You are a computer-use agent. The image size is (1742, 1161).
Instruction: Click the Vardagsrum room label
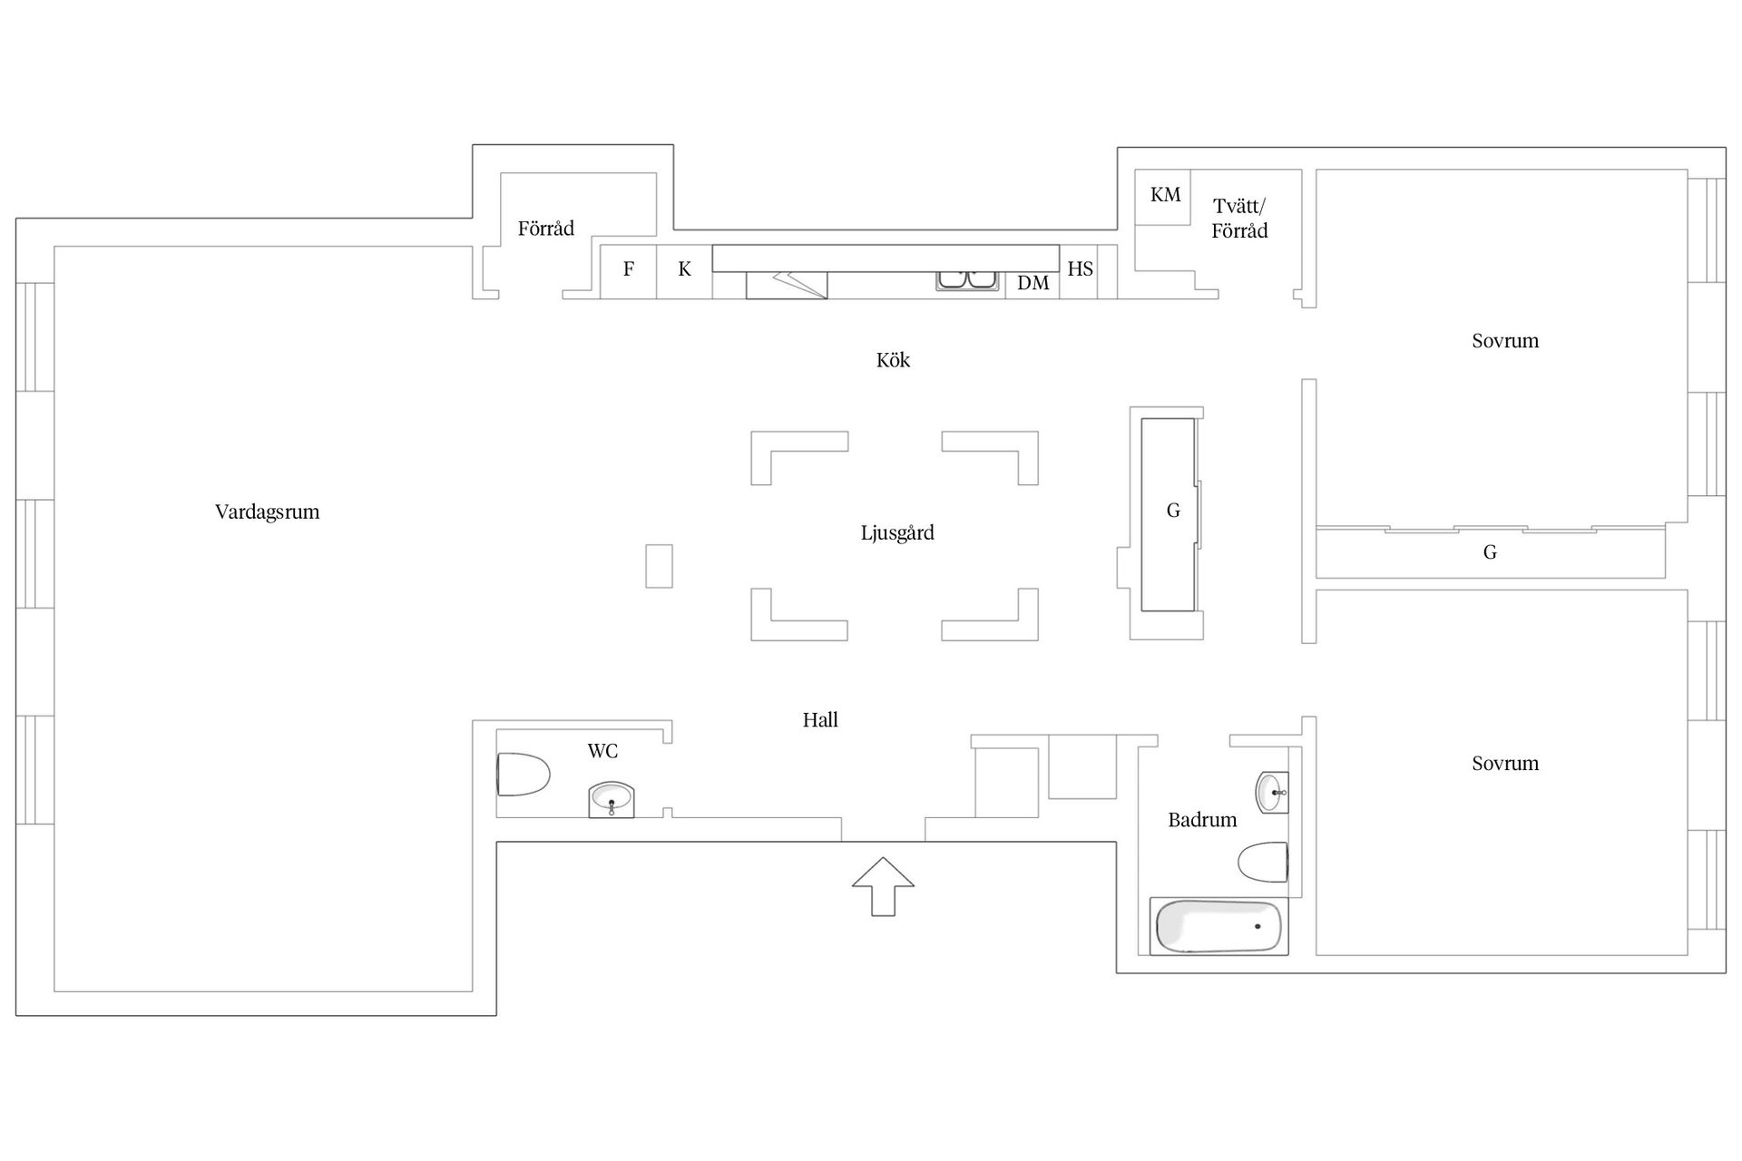tap(267, 512)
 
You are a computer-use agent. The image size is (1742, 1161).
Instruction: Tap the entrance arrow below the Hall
tap(883, 886)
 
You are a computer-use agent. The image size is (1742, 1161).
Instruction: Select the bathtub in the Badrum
tap(1218, 926)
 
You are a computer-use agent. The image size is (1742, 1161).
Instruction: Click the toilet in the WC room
tap(524, 775)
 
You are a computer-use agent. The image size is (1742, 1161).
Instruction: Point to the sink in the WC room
tap(611, 800)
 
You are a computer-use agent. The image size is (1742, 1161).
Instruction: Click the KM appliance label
tap(1165, 194)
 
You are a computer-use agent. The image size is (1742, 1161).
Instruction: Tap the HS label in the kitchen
tap(1080, 268)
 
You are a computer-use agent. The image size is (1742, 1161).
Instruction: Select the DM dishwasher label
tap(1032, 283)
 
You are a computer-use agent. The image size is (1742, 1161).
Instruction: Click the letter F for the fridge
tap(628, 268)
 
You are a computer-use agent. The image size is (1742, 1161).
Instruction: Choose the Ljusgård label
tap(897, 532)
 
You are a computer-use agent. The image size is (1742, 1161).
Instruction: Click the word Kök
tap(893, 360)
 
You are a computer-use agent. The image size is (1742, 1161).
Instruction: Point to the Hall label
tap(820, 720)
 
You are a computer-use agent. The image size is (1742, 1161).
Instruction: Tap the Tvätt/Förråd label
tap(1239, 219)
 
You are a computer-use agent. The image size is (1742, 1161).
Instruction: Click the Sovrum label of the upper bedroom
tap(1505, 341)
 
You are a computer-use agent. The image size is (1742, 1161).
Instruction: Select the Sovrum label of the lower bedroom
tap(1505, 764)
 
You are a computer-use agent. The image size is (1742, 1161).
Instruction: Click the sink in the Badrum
tap(1272, 792)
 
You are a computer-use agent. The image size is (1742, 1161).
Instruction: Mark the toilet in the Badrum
tap(1263, 862)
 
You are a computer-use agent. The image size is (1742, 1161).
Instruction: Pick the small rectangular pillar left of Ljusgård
tap(660, 566)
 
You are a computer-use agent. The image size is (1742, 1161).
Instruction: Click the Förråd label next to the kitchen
tap(546, 228)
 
